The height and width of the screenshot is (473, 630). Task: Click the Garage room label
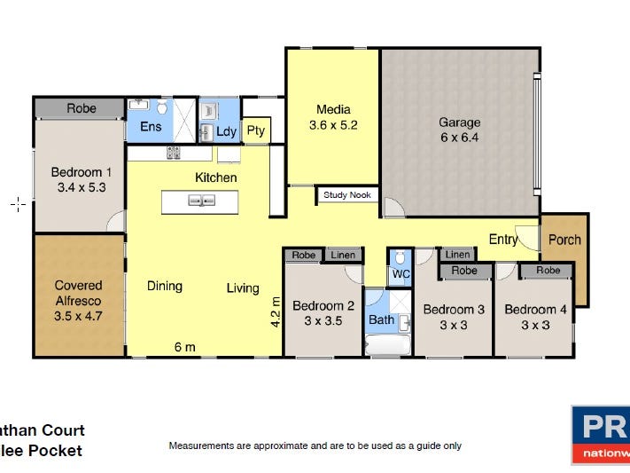click(460, 130)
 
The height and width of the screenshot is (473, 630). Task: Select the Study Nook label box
click(348, 195)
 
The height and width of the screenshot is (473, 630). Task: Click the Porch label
click(564, 240)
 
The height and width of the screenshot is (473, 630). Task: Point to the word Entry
click(503, 240)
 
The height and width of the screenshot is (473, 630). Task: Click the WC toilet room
click(401, 274)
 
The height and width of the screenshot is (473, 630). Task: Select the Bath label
click(381, 319)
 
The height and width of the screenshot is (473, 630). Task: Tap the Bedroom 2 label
click(325, 313)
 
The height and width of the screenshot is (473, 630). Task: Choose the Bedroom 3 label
click(454, 317)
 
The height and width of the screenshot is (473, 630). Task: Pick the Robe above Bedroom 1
click(82, 108)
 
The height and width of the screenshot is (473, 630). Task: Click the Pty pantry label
click(256, 131)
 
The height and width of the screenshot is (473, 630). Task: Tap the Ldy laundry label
click(226, 132)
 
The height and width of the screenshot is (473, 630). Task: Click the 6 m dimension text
click(184, 347)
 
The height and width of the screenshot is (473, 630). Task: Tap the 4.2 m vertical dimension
click(275, 313)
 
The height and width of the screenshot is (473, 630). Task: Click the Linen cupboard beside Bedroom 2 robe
click(343, 256)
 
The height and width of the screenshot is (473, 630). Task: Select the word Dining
click(165, 286)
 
